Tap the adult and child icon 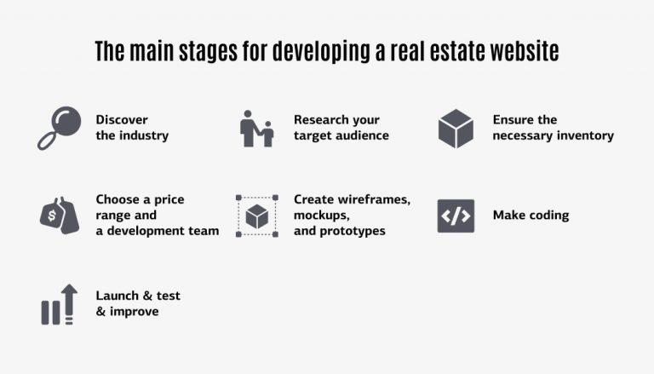256,128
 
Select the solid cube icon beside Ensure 456,128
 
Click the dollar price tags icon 59,216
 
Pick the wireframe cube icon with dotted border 257,216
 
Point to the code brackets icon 456,216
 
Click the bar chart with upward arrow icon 59,304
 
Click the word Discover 122,120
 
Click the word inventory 584,135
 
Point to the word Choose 118,199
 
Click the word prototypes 353,231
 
